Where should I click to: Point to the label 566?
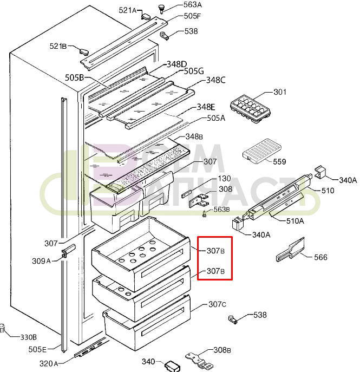pyautogui.click(x=320, y=257)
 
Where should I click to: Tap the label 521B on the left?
pyautogui.click(x=58, y=47)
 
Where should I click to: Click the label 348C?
pyautogui.click(x=215, y=80)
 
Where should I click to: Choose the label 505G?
pyautogui.click(x=193, y=71)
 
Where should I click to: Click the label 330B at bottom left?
pyautogui.click(x=28, y=337)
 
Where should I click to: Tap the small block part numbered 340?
pyautogui.click(x=171, y=366)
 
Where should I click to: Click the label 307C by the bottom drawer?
pyautogui.click(x=217, y=304)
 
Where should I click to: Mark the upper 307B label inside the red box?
pyautogui.click(x=215, y=251)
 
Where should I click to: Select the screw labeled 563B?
pyautogui.click(x=205, y=215)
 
